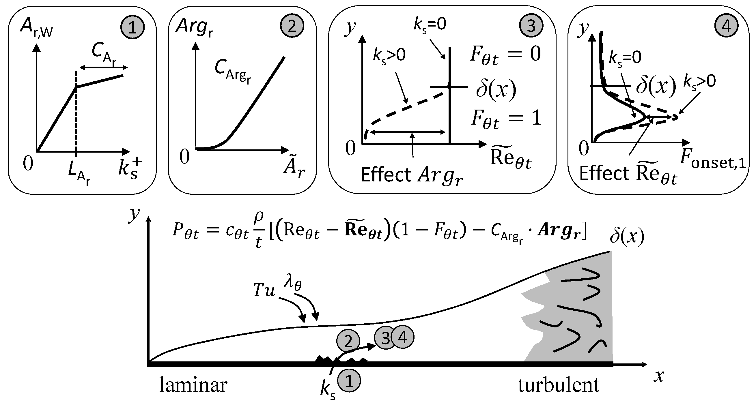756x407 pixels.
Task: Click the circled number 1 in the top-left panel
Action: pos(132,28)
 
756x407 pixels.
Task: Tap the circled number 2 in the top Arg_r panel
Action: pos(292,26)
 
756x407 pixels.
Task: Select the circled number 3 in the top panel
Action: pos(531,26)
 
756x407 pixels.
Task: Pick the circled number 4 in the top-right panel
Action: pos(726,26)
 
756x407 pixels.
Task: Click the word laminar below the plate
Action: pos(193,385)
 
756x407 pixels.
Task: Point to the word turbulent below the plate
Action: pos(559,385)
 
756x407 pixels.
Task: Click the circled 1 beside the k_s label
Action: pos(349,381)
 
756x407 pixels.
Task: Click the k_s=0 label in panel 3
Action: pos(430,25)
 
